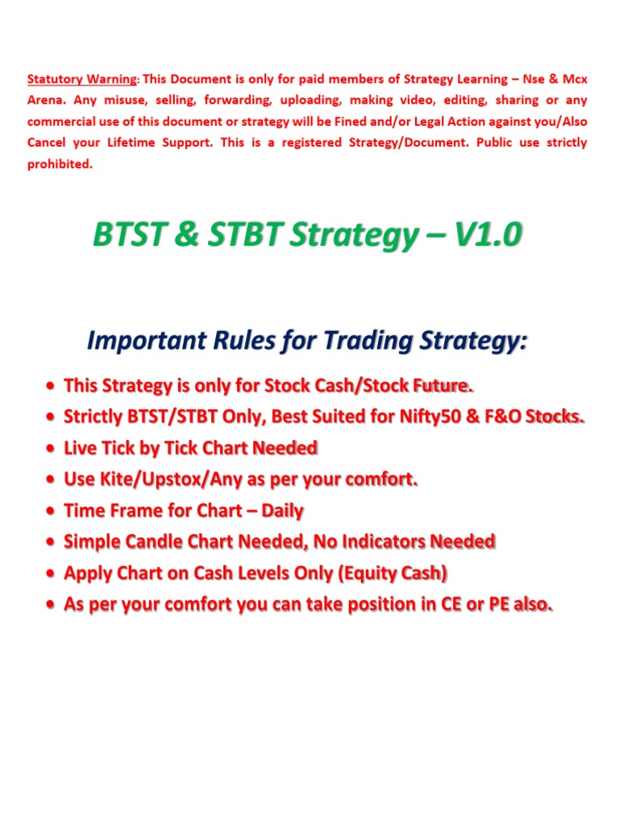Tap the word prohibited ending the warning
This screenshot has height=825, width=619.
[60, 164]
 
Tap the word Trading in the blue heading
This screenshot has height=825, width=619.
[363, 341]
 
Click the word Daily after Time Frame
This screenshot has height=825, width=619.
[282, 511]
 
